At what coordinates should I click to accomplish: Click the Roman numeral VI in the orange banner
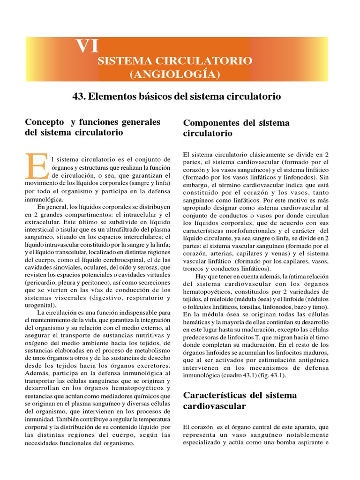pyautogui.click(x=88, y=46)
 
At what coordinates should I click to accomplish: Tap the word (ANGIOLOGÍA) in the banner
pyautogui.click(x=175, y=74)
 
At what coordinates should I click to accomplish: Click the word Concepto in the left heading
pyautogui.click(x=45, y=122)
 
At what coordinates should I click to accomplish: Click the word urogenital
pyautogui.click(x=39, y=304)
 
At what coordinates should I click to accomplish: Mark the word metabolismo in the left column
pyautogui.click(x=150, y=350)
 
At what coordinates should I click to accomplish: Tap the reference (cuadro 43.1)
pyautogui.click(x=247, y=375)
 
